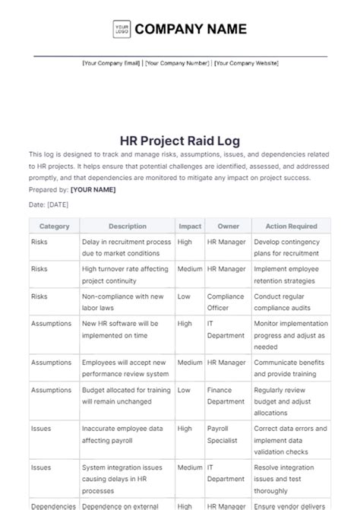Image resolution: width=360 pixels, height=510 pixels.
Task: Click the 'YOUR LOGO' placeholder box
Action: click(x=121, y=30)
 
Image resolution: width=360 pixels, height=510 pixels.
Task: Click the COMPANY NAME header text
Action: click(x=191, y=30)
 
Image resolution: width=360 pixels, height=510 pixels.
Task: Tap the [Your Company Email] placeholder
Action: click(x=112, y=64)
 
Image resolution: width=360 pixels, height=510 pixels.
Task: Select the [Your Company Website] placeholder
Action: click(x=245, y=64)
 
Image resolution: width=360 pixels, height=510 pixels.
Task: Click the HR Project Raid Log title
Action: click(x=179, y=140)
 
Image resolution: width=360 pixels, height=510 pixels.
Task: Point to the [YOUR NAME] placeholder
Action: click(x=93, y=189)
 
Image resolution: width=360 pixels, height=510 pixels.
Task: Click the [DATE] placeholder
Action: click(x=58, y=204)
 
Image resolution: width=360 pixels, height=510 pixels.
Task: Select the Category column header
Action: click(x=54, y=226)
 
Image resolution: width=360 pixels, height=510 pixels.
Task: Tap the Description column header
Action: click(x=127, y=226)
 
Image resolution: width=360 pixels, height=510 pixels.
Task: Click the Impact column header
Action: click(x=189, y=226)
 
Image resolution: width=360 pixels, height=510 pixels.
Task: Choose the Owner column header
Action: click(x=228, y=226)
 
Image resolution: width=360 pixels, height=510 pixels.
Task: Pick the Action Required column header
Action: click(x=291, y=226)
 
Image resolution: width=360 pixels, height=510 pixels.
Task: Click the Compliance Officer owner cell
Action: click(x=225, y=302)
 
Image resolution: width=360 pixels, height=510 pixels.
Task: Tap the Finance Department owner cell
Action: click(x=226, y=395)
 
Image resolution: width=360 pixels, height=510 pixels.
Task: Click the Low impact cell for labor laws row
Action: click(x=185, y=296)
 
